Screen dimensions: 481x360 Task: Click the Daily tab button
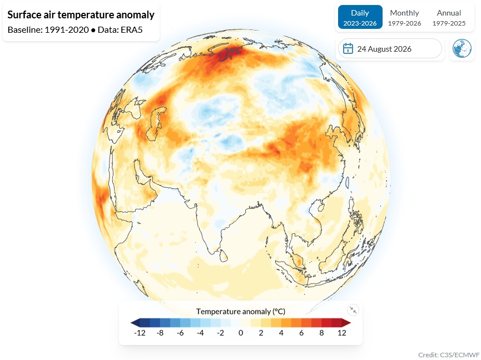[360, 17]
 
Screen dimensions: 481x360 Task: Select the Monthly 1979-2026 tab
[404, 17]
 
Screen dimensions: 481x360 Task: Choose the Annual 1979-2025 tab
[449, 17]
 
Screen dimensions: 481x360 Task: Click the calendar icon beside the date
[348, 48]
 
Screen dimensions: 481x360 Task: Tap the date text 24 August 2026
[384, 49]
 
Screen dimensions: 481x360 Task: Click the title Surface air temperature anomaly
[81, 14]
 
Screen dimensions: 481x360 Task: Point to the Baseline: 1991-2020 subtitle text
[48, 29]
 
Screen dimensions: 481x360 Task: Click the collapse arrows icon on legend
[353, 310]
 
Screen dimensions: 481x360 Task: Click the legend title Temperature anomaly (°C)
[241, 311]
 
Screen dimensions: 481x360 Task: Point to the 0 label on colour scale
[241, 333]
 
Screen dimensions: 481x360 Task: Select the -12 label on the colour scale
[140, 333]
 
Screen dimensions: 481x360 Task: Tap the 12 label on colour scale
[342, 333]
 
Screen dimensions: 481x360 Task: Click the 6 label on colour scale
[301, 333]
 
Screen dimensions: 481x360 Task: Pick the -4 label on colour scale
[200, 333]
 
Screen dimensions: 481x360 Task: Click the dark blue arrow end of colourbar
[135, 323]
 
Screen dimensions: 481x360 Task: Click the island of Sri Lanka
[224, 256]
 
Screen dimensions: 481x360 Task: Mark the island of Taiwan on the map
[348, 182]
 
